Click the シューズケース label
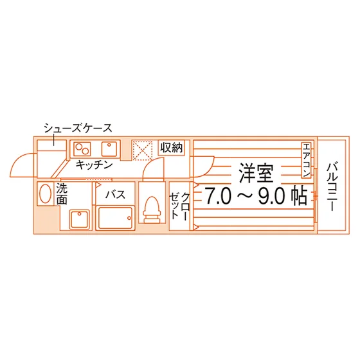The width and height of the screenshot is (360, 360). click(78, 128)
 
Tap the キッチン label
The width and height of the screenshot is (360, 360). click(94, 165)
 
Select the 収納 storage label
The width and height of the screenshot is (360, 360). click(172, 148)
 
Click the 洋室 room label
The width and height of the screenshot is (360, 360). click(256, 173)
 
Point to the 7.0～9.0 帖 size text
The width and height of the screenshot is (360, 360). click(256, 195)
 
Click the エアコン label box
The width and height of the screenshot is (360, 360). click(306, 160)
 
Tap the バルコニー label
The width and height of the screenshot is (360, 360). click(332, 186)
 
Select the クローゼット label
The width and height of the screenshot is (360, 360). click(179, 206)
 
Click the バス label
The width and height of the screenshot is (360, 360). click(116, 195)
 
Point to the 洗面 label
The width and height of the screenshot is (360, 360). click(62, 194)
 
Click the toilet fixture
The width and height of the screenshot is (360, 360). click(152, 210)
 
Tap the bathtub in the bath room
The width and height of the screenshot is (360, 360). click(115, 218)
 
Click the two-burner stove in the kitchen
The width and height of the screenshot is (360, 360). click(82, 149)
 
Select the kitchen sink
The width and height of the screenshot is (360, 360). click(109, 149)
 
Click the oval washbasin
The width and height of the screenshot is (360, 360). click(45, 194)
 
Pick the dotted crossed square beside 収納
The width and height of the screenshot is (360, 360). click(143, 150)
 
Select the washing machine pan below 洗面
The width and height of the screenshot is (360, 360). click(80, 219)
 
